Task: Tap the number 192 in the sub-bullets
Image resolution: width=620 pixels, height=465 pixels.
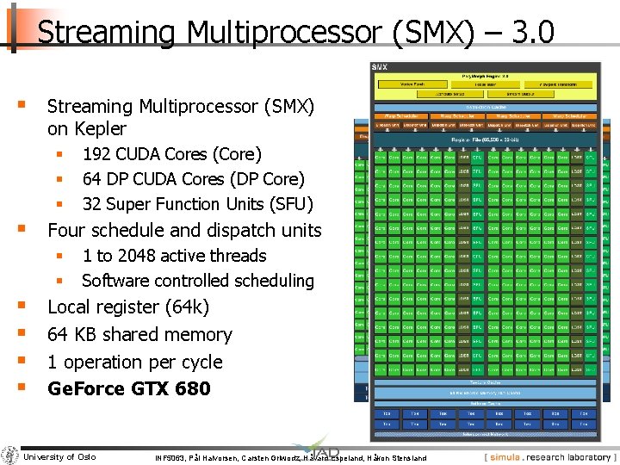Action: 96,155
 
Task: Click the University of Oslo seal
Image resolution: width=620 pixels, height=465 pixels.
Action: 10,456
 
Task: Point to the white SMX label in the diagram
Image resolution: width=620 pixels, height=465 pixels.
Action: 380,67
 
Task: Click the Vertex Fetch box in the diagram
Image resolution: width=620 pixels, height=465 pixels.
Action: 414,84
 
